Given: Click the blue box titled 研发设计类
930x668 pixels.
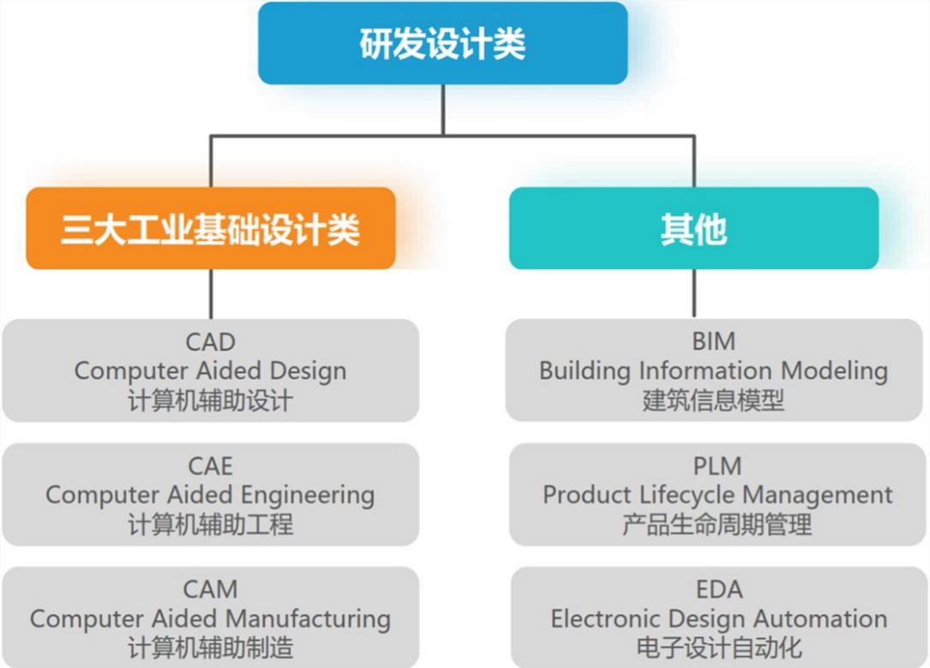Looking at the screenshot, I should coord(442,44).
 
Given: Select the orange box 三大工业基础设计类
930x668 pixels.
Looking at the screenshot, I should coord(210,229).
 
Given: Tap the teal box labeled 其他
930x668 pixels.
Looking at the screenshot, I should coord(693,229).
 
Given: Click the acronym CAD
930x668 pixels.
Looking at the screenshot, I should coord(210,342).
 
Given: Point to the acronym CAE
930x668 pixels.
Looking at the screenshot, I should coord(210,466).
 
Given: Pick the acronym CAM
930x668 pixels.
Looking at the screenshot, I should coord(210,590).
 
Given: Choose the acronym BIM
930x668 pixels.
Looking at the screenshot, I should coord(713,342).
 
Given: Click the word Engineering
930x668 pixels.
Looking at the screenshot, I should coord(308,495).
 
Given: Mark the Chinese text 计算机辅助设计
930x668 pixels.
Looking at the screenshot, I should coord(210,400).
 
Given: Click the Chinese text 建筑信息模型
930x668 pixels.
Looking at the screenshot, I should coord(713,400).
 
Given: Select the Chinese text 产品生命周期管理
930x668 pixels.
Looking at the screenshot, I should coord(717,524).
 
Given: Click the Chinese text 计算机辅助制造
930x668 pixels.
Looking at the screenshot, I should coord(210,647).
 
